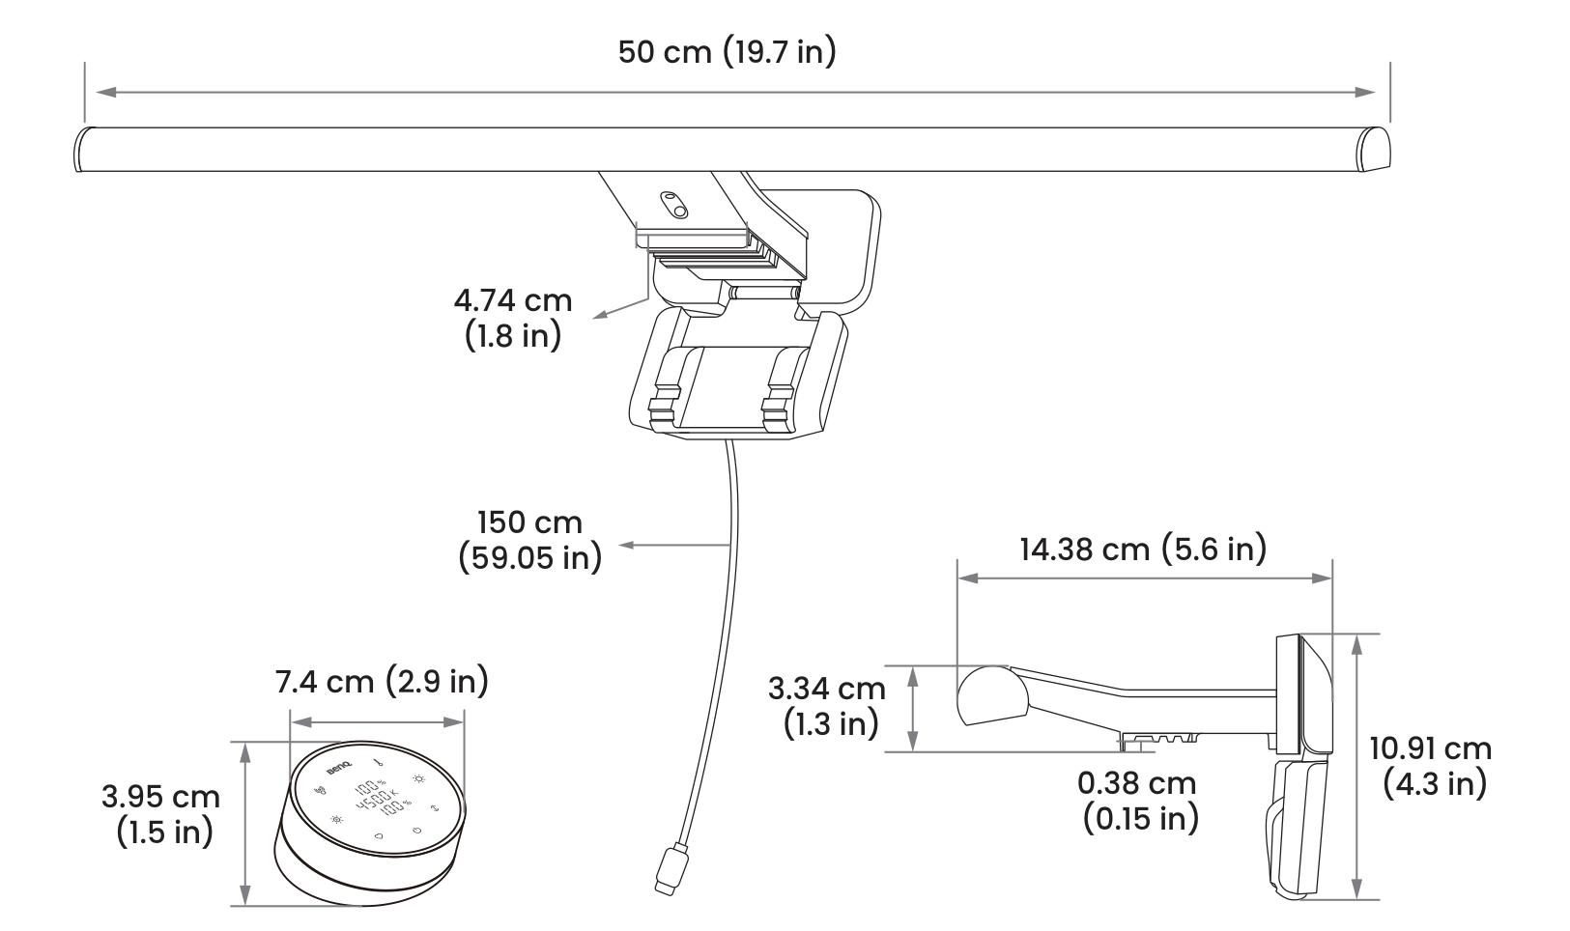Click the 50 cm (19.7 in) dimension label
coord(727,52)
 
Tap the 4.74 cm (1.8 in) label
coord(513,318)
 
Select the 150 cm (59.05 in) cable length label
coord(530,540)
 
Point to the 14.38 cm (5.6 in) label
coord(1143,549)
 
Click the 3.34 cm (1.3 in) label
coord(827,706)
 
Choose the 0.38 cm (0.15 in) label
coord(1138,801)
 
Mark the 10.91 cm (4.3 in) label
coord(1431,767)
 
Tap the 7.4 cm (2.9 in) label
coord(382,682)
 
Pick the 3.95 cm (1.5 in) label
coord(161,814)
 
